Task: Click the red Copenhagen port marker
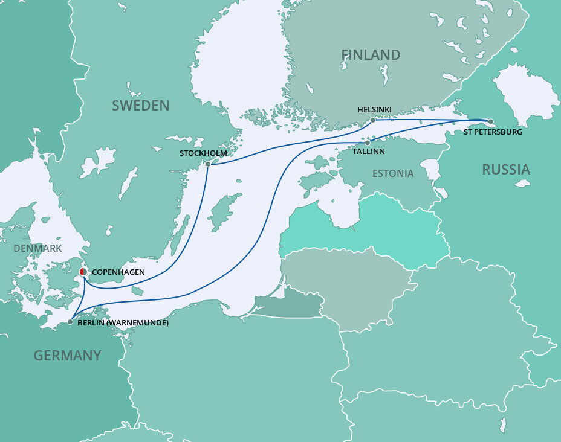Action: (83, 272)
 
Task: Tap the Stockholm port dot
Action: (208, 164)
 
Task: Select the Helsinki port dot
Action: (372, 120)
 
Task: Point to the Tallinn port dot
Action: (367, 143)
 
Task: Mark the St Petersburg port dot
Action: (490, 121)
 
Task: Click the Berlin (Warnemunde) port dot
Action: (70, 322)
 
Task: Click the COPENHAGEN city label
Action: (118, 272)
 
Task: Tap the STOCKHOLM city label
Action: (203, 153)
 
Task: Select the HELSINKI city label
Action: (374, 109)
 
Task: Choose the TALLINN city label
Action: (369, 152)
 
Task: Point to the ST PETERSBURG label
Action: (493, 131)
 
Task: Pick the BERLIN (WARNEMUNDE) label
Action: (123, 323)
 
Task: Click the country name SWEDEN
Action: (140, 106)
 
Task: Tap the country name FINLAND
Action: (371, 55)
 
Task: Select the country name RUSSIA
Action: (505, 170)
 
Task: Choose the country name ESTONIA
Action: (393, 174)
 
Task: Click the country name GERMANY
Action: (67, 356)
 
